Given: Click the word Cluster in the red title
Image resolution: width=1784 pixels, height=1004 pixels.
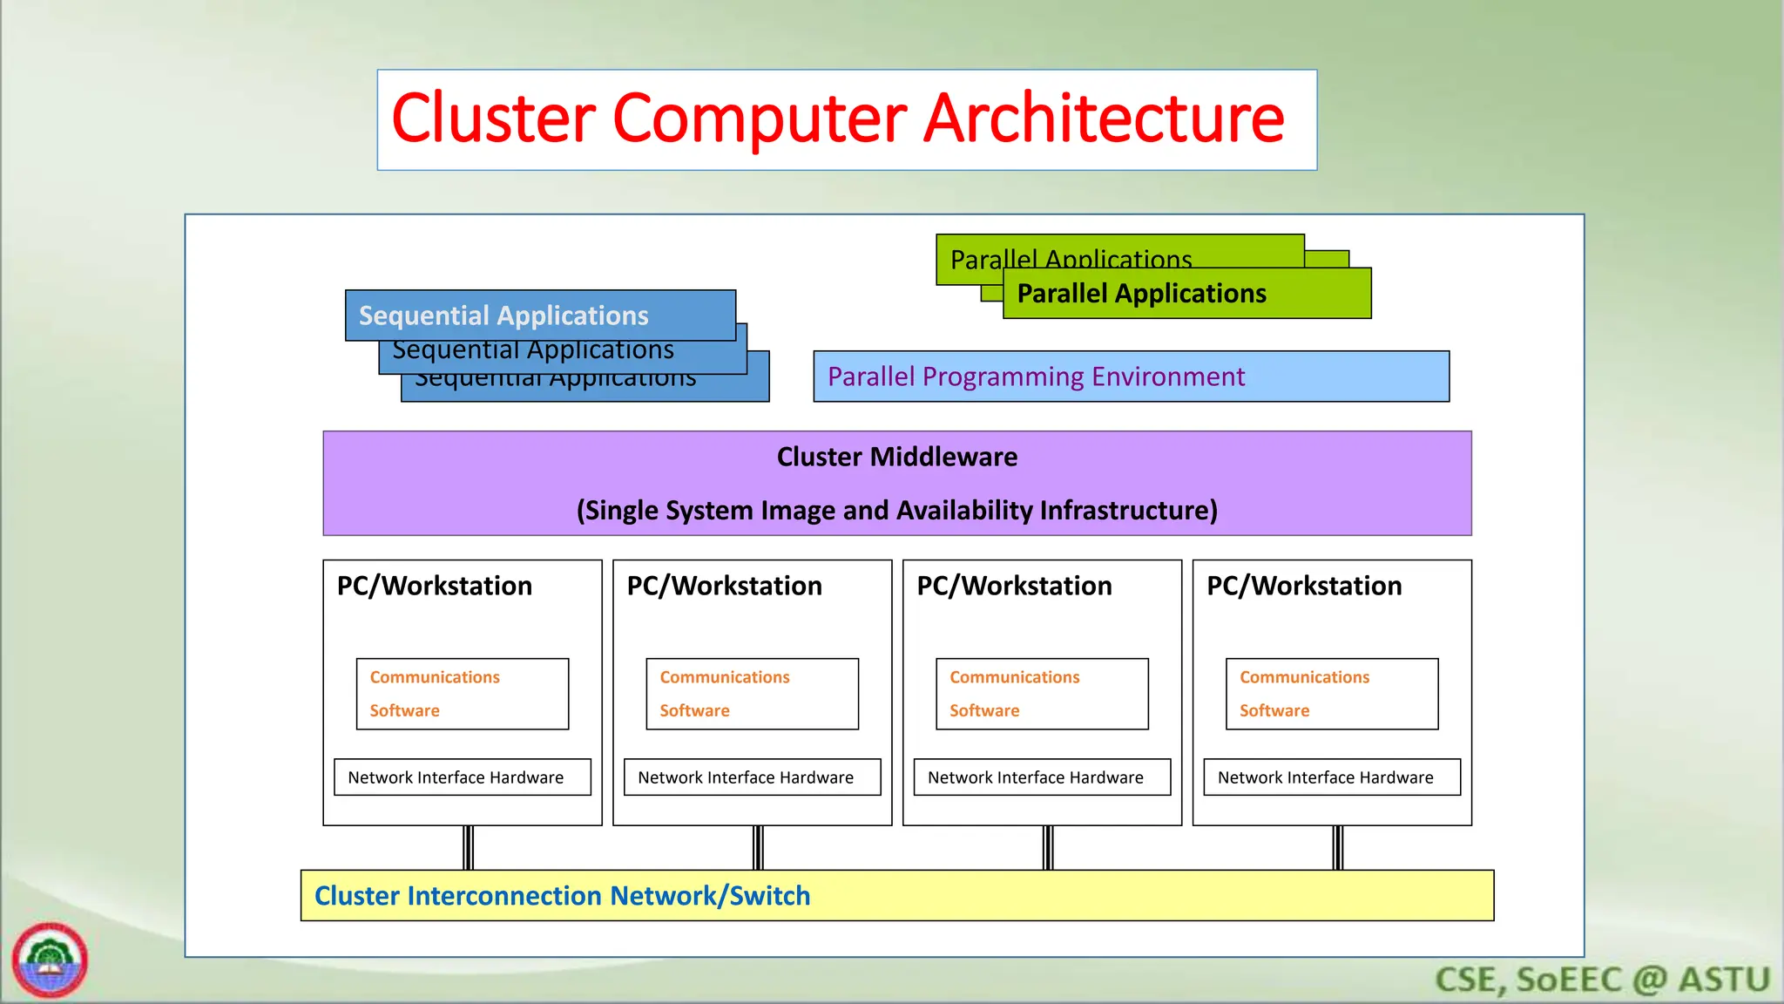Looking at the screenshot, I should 494,119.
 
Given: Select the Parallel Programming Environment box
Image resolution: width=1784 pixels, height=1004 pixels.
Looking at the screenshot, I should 1131,376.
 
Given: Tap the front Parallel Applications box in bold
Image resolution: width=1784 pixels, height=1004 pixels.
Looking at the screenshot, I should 1186,294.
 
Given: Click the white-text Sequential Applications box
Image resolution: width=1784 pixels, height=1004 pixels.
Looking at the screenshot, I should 540,315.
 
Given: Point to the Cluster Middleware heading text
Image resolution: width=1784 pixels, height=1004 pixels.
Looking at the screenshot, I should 896,457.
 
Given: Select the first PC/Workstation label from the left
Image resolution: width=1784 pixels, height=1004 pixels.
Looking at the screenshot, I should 434,586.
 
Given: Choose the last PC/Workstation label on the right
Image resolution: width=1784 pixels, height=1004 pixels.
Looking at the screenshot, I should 1303,586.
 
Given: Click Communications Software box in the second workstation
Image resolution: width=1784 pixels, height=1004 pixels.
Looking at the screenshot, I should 752,694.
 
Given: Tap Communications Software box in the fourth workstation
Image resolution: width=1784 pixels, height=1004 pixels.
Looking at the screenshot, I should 1332,694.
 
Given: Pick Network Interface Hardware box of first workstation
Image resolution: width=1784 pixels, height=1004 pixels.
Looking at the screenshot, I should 462,777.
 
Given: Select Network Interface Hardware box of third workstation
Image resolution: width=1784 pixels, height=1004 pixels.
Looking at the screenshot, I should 1042,777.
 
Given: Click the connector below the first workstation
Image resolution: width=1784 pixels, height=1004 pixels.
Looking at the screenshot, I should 468,847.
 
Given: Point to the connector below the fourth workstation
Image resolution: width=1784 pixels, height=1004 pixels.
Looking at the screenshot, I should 1337,847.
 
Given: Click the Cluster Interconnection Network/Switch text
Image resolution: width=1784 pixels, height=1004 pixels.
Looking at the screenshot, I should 562,896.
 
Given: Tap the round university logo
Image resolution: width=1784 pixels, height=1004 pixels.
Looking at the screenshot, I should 50,960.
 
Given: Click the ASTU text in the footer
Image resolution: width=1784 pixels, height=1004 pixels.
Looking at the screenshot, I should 1724,980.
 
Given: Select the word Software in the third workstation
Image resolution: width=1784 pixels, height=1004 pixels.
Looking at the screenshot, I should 983,710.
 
